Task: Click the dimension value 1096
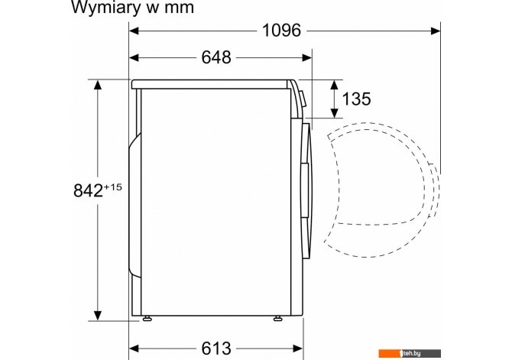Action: coord(281,31)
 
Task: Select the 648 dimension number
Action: coord(216,57)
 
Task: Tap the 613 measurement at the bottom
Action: coord(216,349)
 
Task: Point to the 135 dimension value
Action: coord(356,99)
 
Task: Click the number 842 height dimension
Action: coord(88,190)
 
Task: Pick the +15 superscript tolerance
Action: coord(112,187)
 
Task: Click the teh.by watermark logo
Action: coord(410,353)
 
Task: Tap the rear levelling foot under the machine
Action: coord(147,318)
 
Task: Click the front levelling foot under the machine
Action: coord(278,318)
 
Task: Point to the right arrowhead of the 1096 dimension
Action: coord(436,31)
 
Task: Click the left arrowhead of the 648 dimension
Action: coord(134,58)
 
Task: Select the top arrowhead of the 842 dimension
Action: coord(97,85)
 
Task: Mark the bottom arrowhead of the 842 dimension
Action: coord(97,316)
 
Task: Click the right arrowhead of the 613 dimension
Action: coord(298,349)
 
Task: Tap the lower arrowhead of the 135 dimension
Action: coord(334,112)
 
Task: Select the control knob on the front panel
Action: coord(303,99)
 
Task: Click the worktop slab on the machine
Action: coord(209,84)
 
